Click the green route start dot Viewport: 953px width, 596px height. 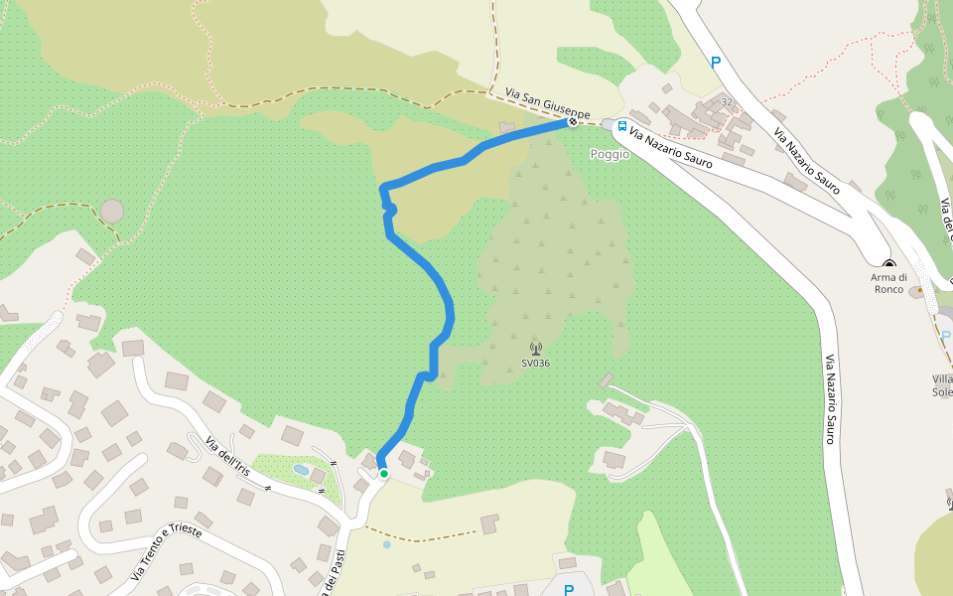[383, 474]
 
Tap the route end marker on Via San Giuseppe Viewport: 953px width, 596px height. [573, 122]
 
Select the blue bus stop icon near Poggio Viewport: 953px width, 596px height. [622, 127]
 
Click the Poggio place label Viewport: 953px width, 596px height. [610, 154]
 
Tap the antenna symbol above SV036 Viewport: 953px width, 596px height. [536, 349]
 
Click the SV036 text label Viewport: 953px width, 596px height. [536, 364]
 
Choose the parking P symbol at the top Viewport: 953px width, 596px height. [715, 62]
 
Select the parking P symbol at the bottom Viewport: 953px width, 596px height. [569, 590]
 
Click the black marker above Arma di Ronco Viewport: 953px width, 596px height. [889, 264]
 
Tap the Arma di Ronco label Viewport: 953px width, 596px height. [889, 283]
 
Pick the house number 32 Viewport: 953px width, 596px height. [727, 102]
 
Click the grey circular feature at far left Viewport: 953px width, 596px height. [112, 211]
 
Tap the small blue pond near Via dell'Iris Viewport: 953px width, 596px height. [301, 469]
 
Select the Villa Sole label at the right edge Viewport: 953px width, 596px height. [942, 385]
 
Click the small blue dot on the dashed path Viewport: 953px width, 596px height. [386, 544]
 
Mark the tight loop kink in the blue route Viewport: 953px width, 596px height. [389, 209]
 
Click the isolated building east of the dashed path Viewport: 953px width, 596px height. [489, 523]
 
